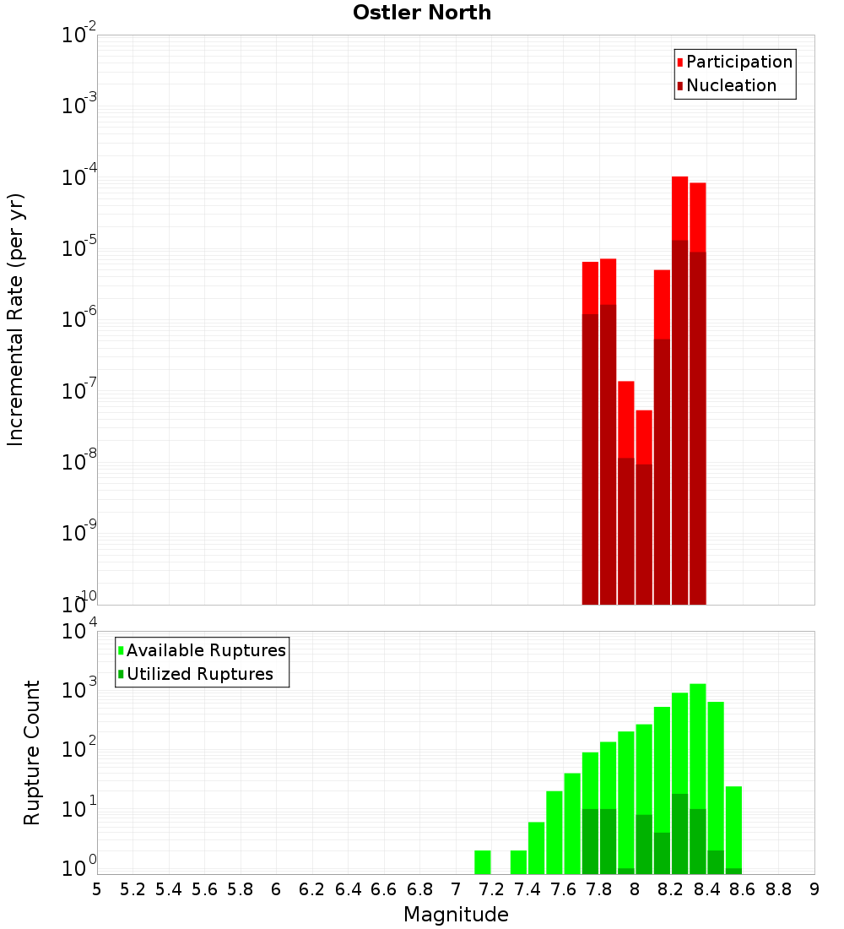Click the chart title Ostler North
coord(422,13)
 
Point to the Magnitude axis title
coord(456,915)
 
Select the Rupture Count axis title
coord(32,752)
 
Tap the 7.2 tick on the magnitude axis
coord(491,889)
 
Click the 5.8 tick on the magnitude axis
coord(241,889)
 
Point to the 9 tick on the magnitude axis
coord(814,889)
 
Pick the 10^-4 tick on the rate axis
coord(79,177)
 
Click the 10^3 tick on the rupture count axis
coord(79,687)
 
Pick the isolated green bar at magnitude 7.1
coord(483,862)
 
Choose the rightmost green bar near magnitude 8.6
coord(733,828)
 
